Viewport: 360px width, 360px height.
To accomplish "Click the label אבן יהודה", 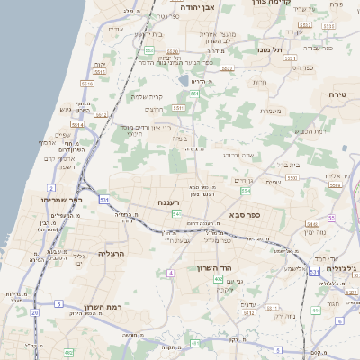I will [x=201, y=6].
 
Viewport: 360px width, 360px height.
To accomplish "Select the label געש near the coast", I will [x=65, y=110].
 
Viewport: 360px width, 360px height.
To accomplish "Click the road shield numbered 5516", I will [x=87, y=84].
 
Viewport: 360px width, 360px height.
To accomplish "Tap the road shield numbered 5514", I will [x=77, y=126].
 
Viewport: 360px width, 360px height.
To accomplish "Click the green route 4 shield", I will [x=170, y=272].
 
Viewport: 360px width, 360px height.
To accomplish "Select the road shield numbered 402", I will [x=219, y=279].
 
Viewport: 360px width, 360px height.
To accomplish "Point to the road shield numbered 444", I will [x=316, y=310].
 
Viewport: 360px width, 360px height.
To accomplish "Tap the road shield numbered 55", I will [x=331, y=219].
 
